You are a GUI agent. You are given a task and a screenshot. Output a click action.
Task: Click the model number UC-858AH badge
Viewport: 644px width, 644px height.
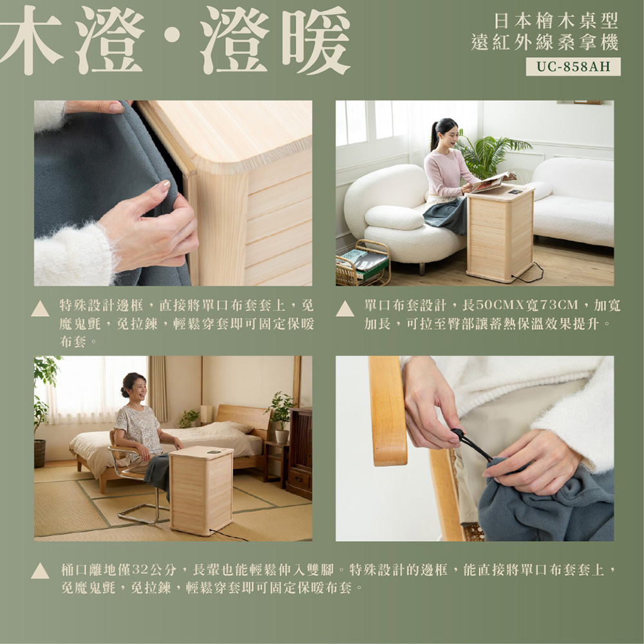click(x=573, y=66)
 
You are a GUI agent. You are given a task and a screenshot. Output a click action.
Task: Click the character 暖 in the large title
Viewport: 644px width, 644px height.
click(x=316, y=40)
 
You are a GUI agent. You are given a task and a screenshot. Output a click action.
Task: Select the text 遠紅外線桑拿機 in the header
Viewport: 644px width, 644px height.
click(x=545, y=43)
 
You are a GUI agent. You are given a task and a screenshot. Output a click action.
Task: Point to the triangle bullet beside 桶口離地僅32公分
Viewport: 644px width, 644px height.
click(x=40, y=571)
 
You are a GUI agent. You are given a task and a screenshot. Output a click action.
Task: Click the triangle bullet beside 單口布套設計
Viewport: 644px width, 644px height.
click(x=345, y=308)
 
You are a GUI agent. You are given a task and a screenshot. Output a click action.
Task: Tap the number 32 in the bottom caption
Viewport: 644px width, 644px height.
click(x=140, y=570)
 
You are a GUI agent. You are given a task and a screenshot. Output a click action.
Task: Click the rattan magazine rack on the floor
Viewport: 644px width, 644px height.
click(x=362, y=263)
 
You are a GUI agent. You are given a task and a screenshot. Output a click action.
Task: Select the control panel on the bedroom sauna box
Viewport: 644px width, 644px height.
click(x=214, y=452)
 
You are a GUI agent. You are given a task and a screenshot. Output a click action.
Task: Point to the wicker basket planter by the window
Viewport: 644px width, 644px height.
click(x=40, y=453)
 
